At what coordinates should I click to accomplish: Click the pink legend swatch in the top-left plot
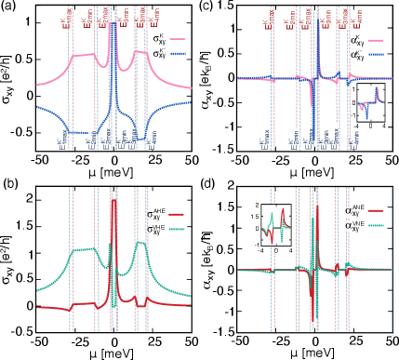177,40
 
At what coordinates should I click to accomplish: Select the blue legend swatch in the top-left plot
177,53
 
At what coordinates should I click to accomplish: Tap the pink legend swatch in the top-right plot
375,40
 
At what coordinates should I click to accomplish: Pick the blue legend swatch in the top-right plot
375,54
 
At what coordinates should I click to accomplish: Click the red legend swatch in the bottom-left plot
176,215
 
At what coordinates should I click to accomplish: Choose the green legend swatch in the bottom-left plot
176,228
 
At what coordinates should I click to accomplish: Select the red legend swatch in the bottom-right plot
375,211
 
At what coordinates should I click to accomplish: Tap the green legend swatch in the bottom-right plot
375,224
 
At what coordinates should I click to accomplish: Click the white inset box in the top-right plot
370,102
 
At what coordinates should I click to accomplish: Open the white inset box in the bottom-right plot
276,225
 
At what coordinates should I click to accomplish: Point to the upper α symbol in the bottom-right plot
349,212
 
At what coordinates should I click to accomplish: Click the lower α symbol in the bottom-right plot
349,225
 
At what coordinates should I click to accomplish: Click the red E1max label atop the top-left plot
65,18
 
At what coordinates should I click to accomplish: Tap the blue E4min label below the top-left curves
151,140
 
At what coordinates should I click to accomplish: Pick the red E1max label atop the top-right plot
267,19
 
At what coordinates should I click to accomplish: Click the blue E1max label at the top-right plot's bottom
265,140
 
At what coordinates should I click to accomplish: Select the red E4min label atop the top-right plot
356,18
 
